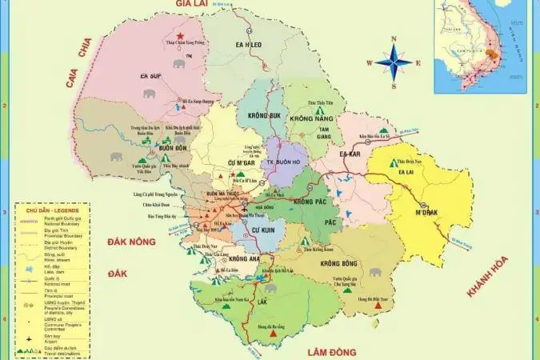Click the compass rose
(394, 62)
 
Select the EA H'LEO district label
(249, 45)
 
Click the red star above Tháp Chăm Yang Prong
(182, 36)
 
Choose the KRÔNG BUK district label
(264, 116)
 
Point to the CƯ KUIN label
(263, 230)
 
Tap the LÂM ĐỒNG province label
(331, 350)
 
